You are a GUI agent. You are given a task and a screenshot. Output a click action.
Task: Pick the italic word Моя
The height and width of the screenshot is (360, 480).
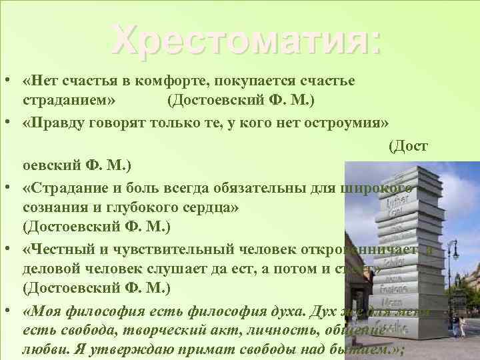tap(41, 312)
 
